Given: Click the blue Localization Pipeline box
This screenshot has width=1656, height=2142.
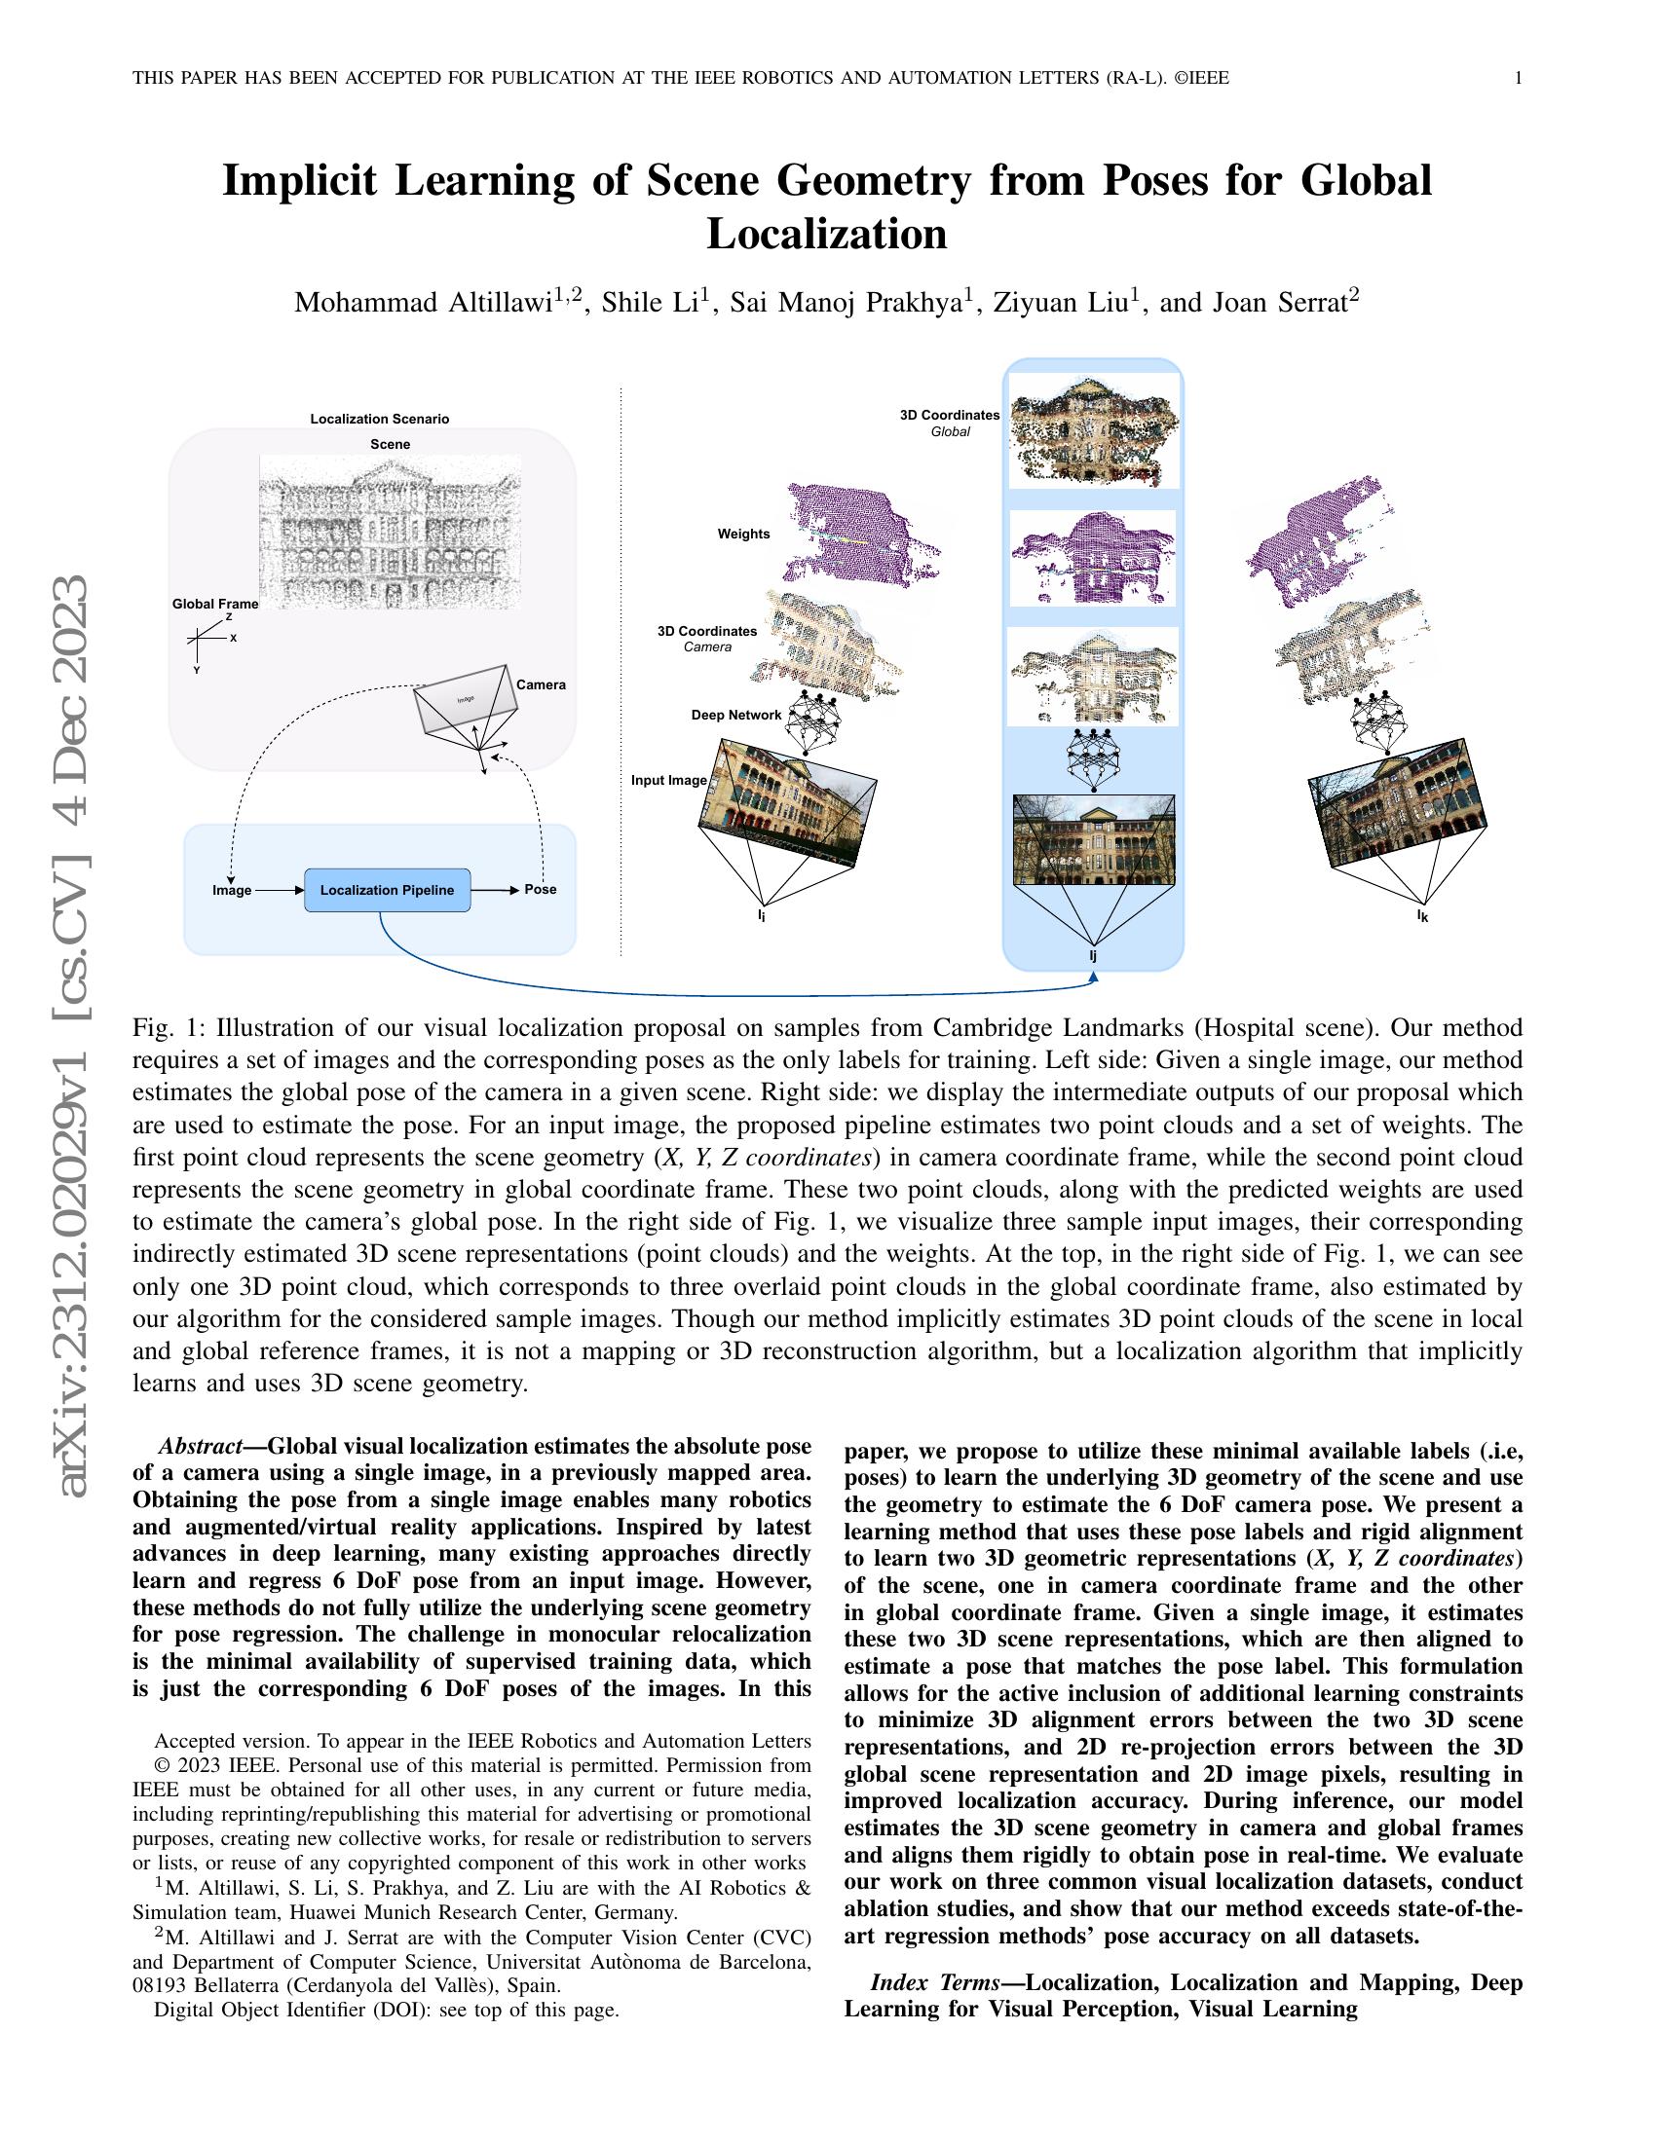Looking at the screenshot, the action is pyautogui.click(x=388, y=890).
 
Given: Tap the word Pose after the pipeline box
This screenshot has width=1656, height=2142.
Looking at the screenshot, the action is pyautogui.click(x=541, y=890).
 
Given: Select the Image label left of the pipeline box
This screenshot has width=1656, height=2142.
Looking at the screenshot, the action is pyautogui.click(x=232, y=891).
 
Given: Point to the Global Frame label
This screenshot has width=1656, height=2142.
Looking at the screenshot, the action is pyautogui.click(x=215, y=605).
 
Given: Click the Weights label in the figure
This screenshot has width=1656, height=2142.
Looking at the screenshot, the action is pyautogui.click(x=743, y=534).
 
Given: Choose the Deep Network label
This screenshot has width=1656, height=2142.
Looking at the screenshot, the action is pyautogui.click(x=736, y=715).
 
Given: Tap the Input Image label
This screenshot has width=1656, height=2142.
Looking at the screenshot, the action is pyautogui.click(x=669, y=781).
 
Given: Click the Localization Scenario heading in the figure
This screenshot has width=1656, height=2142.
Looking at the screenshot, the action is pyautogui.click(x=380, y=419).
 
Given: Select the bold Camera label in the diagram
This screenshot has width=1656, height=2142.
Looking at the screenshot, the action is pyautogui.click(x=541, y=684).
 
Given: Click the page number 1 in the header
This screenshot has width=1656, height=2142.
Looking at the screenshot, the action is pyautogui.click(x=1519, y=79).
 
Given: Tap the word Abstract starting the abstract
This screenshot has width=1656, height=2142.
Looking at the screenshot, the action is pyautogui.click(x=200, y=1447).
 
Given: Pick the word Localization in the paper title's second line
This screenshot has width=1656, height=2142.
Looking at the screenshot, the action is pyautogui.click(x=827, y=234).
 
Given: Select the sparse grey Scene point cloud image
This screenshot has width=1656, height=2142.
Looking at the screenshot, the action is pyautogui.click(x=391, y=531).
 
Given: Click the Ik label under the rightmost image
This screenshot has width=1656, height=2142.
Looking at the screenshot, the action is pyautogui.click(x=1422, y=916).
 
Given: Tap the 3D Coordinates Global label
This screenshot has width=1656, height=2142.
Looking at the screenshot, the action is pyautogui.click(x=950, y=423).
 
